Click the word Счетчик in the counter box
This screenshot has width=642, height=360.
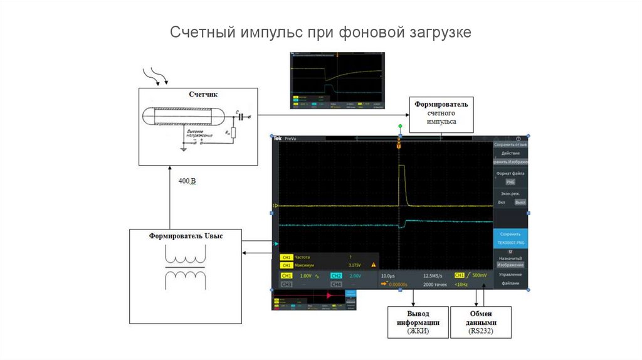click(x=203, y=95)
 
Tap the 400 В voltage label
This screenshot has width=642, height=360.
click(x=187, y=182)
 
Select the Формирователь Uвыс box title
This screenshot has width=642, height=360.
click(x=186, y=236)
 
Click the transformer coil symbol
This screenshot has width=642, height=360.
click(x=185, y=267)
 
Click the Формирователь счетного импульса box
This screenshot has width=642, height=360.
click(x=441, y=113)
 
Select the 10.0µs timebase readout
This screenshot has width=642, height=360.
click(x=388, y=276)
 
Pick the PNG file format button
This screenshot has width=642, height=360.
click(x=510, y=182)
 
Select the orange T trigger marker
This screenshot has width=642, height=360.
click(x=399, y=146)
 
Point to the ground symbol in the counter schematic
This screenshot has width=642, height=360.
click(x=183, y=149)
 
